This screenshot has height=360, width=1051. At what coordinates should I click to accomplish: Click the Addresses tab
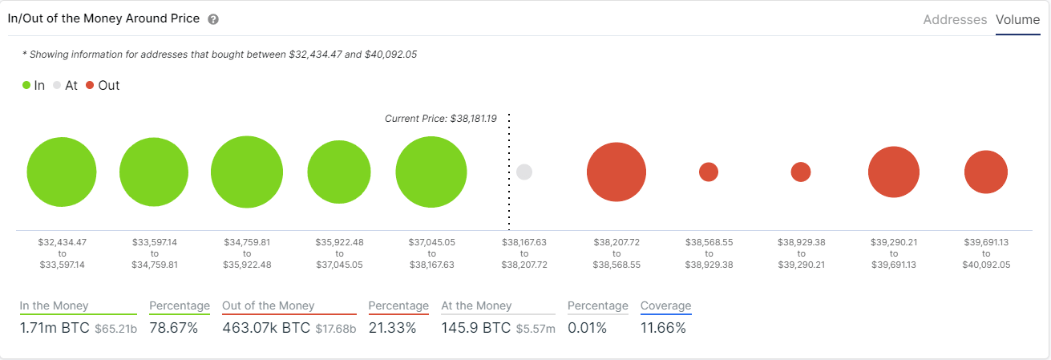(x=955, y=20)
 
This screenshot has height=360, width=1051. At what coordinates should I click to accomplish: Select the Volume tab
(x=1017, y=20)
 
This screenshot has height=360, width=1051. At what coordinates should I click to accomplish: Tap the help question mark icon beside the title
(x=213, y=19)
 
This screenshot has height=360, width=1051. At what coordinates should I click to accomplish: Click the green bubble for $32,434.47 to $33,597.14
(x=62, y=172)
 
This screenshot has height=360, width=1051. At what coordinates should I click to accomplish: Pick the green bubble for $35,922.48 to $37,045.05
(x=339, y=172)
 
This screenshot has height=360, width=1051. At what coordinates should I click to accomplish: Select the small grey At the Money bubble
(x=524, y=172)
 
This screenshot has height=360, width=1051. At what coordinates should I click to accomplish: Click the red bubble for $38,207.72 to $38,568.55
(x=616, y=172)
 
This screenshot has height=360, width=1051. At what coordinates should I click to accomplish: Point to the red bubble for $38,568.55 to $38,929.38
(x=709, y=172)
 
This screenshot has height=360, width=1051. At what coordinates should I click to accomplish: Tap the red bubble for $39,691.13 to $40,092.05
(x=985, y=172)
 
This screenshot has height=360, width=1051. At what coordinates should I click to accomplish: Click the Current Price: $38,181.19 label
(x=440, y=119)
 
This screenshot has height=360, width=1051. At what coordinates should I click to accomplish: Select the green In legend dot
(x=26, y=85)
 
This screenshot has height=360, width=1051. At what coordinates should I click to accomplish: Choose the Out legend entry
(x=103, y=85)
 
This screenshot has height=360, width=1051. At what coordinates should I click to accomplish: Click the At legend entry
(x=65, y=85)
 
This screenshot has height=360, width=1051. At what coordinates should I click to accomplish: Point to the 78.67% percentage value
(x=173, y=328)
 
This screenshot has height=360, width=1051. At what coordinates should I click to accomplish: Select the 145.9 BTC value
(x=476, y=328)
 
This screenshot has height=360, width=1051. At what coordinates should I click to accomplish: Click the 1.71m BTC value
(x=55, y=328)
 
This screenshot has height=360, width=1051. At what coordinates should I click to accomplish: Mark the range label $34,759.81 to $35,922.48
(x=247, y=253)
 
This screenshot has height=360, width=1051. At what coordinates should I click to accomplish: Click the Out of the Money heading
(x=268, y=305)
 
